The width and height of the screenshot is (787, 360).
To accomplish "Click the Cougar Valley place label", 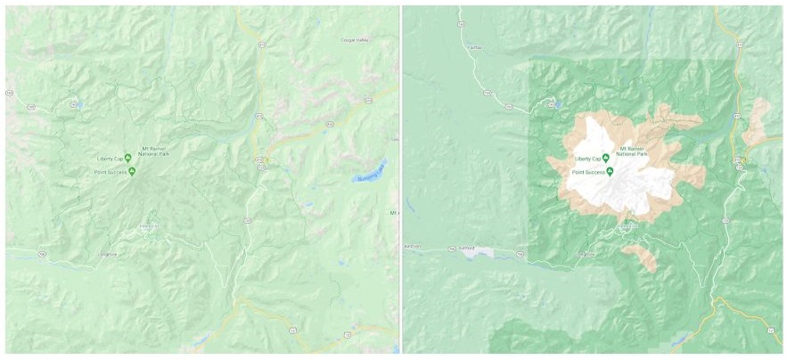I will [357, 40].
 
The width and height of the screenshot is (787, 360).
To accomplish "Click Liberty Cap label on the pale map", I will [111, 159].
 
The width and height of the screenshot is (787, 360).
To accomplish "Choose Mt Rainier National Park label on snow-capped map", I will [635, 151].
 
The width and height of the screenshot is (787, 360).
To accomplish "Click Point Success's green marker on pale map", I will [135, 170].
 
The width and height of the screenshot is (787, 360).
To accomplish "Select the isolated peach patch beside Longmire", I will [641, 258].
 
